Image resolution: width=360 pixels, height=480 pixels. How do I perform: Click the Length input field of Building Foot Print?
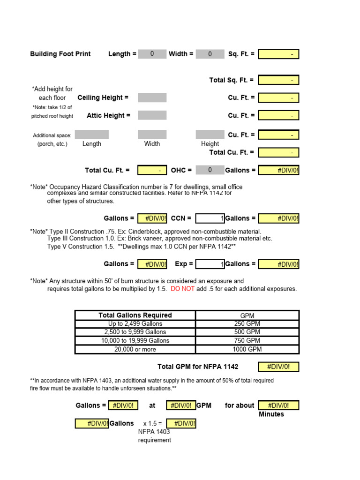tap(152, 54)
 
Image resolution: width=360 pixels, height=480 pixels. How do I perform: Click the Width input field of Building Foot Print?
tap(210, 54)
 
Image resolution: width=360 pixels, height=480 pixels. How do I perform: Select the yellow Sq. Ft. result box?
tap(278, 54)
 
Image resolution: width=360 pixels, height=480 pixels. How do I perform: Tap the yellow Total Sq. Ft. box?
tap(278, 80)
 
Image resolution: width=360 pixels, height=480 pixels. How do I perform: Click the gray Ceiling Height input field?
tap(152, 97)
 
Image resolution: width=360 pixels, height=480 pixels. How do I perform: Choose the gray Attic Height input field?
tap(152, 115)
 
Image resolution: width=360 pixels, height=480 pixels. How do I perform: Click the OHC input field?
tap(210, 170)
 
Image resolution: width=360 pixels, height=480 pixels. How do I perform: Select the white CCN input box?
tap(210, 218)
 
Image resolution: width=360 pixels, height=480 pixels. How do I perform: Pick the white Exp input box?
tap(210, 264)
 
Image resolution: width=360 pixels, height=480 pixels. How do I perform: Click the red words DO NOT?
tap(182, 289)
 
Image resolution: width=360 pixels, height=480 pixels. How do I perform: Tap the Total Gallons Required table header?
tap(135, 315)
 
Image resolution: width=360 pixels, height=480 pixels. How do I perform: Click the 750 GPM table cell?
tap(247, 341)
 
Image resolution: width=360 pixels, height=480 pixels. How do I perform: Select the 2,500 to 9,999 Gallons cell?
tap(135, 332)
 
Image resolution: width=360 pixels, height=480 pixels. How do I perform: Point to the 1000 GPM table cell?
tap(247, 349)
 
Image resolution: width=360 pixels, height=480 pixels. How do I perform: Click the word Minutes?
tap(271, 414)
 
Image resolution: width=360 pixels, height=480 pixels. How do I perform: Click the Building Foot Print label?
tap(60, 54)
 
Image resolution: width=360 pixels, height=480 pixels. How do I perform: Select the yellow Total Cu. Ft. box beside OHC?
tap(152, 170)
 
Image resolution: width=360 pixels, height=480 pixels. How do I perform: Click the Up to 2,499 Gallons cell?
tap(135, 324)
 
